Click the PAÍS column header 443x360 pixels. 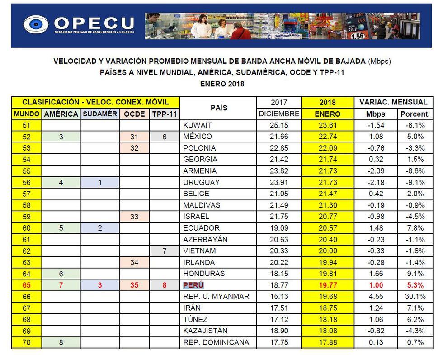218,108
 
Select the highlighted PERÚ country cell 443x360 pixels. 193,285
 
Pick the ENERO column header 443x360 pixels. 328,114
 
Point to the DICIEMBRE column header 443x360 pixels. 279,114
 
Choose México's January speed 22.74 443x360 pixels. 328,137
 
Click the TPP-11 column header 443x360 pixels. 165,114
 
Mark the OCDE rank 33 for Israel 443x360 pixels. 134,217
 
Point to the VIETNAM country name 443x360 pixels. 200,251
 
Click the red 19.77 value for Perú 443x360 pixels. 328,285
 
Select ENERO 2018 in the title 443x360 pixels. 221,84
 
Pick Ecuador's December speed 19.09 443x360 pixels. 279,228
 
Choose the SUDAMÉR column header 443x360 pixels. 100,114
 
